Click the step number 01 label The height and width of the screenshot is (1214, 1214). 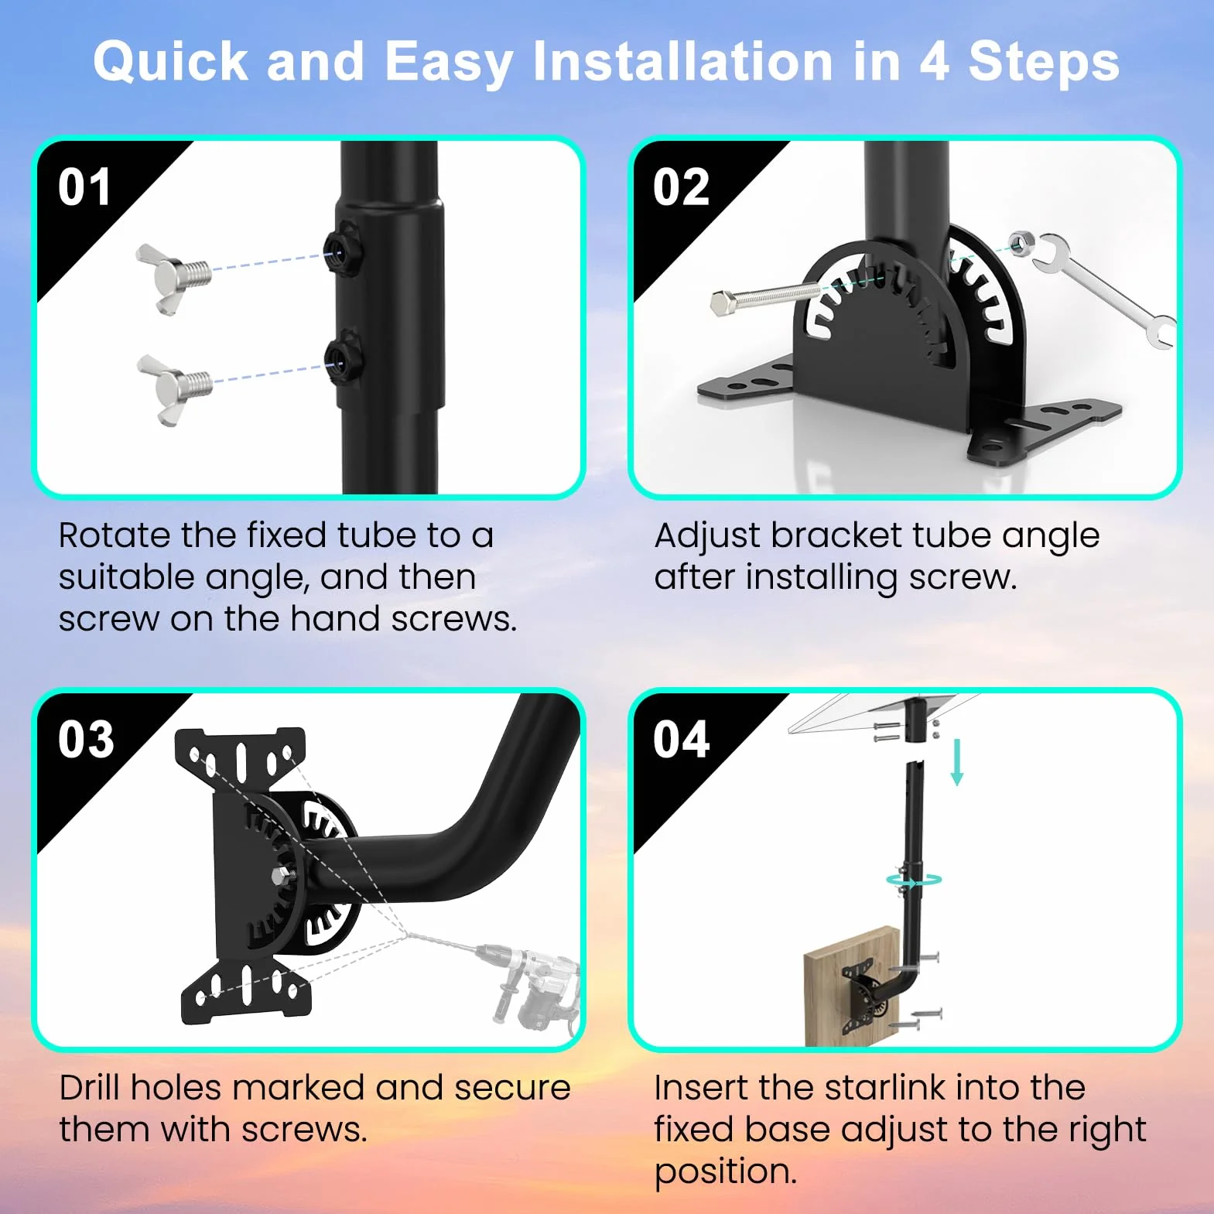(84, 187)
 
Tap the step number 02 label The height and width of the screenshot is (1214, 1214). (681, 187)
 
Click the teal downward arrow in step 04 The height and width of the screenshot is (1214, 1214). (957, 762)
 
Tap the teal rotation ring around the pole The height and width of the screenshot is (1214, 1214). (914, 880)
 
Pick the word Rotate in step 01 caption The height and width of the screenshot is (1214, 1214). (114, 535)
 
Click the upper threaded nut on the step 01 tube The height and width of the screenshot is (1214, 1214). (341, 248)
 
